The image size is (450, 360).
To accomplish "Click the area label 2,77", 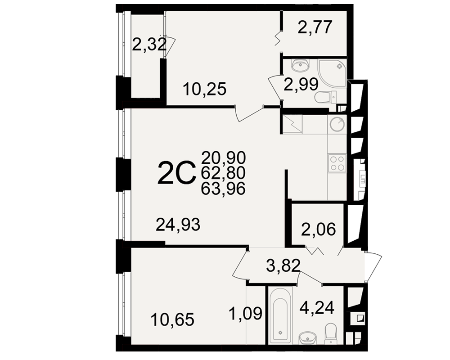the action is (x=315, y=27).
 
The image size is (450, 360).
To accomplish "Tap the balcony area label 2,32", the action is (x=149, y=45).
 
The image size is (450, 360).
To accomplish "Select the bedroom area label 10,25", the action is (x=205, y=89).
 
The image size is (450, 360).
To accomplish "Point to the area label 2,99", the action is (x=301, y=85).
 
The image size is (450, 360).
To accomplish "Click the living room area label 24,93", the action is (x=178, y=225).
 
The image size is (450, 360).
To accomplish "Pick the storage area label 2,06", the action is (x=318, y=229).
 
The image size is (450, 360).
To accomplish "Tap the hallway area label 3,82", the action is (x=283, y=265).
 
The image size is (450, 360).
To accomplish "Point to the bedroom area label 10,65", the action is (x=172, y=319).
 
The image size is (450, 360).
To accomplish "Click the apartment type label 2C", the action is (x=176, y=172).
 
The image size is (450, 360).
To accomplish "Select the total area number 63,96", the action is (x=223, y=189).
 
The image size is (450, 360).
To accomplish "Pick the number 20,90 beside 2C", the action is (x=223, y=157).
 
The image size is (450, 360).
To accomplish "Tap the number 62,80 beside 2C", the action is (x=223, y=173).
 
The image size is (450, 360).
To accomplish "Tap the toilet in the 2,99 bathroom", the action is (x=326, y=97).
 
